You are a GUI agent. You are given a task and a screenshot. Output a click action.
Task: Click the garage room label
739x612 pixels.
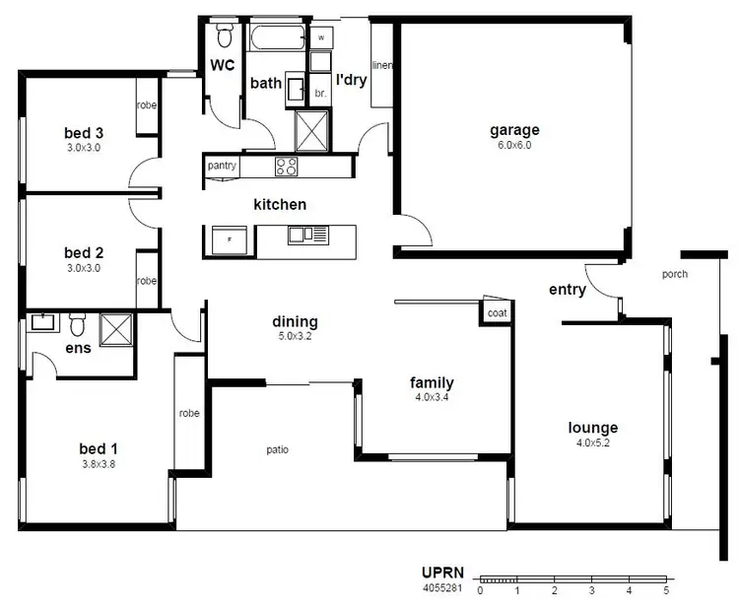(514, 130)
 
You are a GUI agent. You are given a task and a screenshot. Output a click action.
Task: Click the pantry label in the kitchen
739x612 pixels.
(222, 166)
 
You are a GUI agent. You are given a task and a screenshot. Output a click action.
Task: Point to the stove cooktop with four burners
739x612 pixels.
(287, 167)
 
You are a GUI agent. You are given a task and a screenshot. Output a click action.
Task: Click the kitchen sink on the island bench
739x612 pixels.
(307, 235)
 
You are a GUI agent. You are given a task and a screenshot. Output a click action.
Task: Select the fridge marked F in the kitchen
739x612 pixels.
(230, 239)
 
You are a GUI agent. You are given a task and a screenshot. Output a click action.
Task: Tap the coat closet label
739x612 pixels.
(495, 312)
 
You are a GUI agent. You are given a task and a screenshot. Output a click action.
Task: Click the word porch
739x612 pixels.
(675, 274)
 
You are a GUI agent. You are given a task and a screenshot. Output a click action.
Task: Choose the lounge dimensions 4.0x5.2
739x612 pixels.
(593, 443)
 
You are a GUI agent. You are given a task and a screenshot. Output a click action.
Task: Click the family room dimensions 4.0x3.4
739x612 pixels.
(432, 398)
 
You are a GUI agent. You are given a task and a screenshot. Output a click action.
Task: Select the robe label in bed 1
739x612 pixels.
(189, 413)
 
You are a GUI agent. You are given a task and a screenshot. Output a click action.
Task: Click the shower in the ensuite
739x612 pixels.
(116, 325)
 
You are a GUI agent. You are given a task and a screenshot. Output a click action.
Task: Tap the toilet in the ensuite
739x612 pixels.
(77, 322)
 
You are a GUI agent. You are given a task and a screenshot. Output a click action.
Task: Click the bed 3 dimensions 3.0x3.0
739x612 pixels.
(84, 148)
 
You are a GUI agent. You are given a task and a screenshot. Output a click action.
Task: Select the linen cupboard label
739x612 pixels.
(382, 66)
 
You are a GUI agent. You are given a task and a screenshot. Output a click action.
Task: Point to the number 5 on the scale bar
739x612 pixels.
(666, 591)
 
